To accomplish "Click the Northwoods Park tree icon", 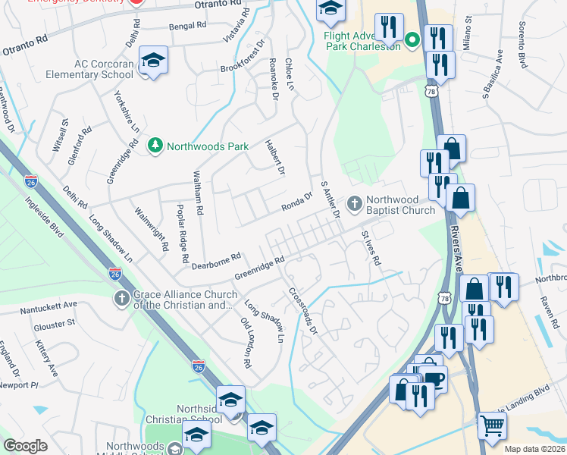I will tap(155, 145).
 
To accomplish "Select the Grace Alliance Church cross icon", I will tap(122, 298).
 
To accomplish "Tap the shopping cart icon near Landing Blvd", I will tap(492, 428).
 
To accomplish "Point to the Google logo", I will tap(26, 446).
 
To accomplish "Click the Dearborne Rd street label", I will tap(216, 260).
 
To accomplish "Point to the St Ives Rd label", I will tap(371, 248).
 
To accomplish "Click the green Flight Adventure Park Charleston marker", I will tap(413, 39).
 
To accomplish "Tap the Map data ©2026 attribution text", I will tap(534, 449).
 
